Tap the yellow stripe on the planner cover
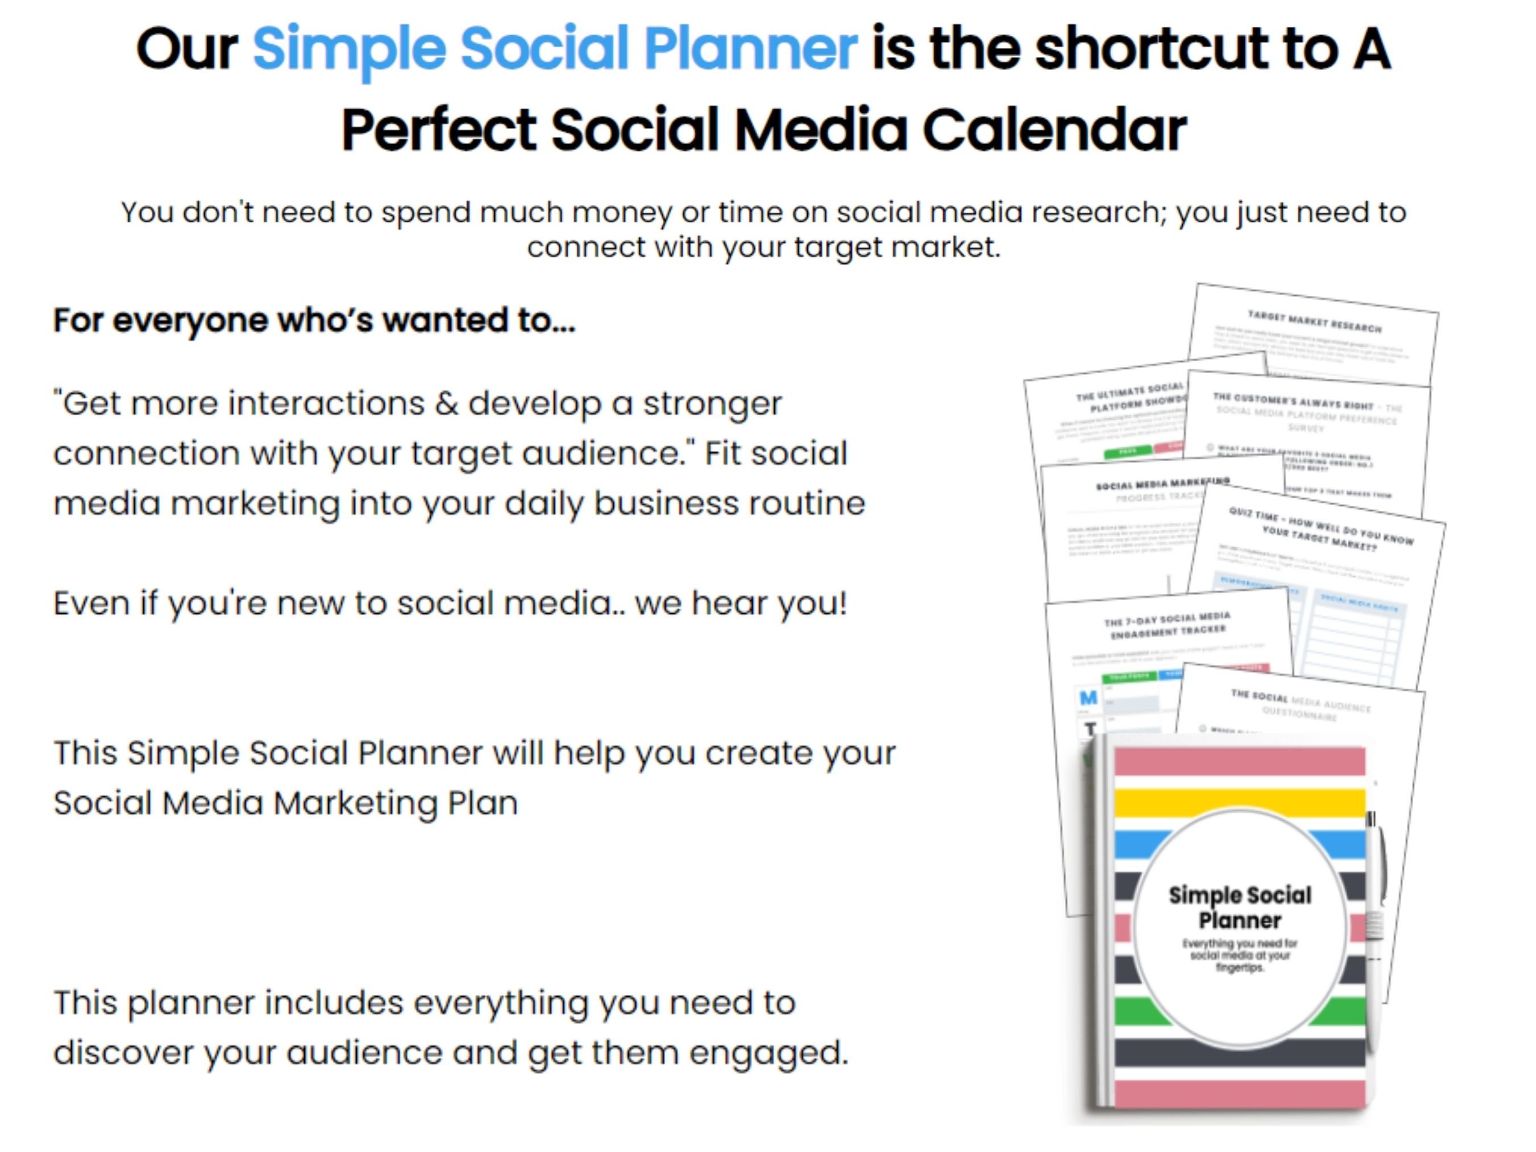(x=1240, y=802)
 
